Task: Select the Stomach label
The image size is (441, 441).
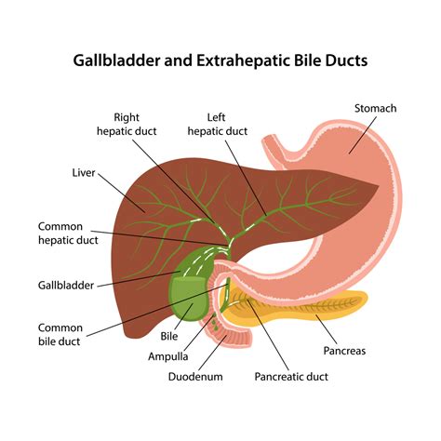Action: tap(375, 108)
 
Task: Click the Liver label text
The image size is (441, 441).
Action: tap(84, 173)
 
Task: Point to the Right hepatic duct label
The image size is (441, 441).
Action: tap(127, 124)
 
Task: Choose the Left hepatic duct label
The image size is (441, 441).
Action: tap(217, 124)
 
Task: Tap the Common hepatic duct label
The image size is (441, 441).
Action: tap(68, 234)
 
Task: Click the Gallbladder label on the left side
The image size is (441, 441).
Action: tap(66, 285)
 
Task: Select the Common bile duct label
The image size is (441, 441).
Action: tap(60, 335)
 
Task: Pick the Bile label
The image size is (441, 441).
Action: tap(169, 336)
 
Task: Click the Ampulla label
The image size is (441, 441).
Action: tap(168, 356)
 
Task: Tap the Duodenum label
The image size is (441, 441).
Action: tap(195, 377)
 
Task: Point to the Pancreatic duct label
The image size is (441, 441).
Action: tap(291, 377)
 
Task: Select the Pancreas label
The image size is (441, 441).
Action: tap(344, 351)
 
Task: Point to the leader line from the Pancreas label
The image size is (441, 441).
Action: tap(327, 329)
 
